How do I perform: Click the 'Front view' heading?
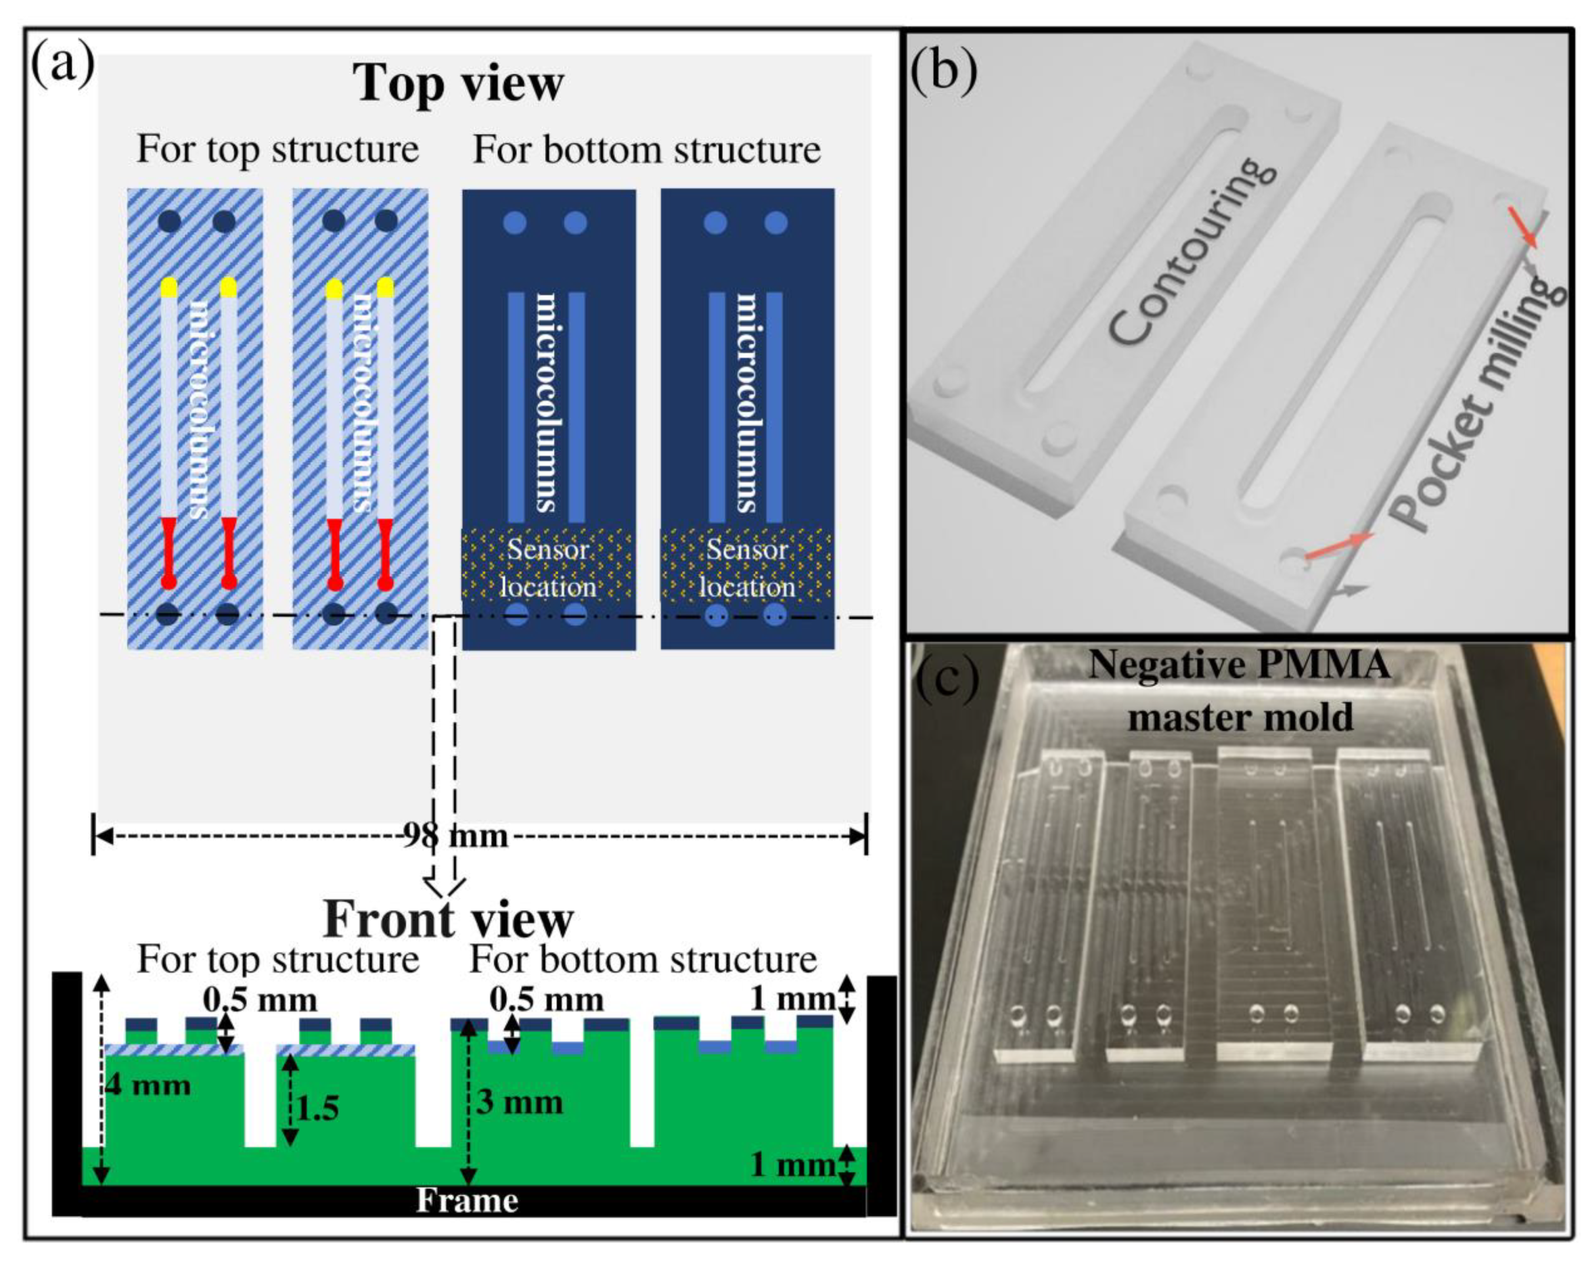point(448,918)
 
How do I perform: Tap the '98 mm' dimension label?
point(455,836)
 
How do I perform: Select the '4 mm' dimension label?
point(148,1085)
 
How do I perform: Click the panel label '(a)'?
point(63,65)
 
